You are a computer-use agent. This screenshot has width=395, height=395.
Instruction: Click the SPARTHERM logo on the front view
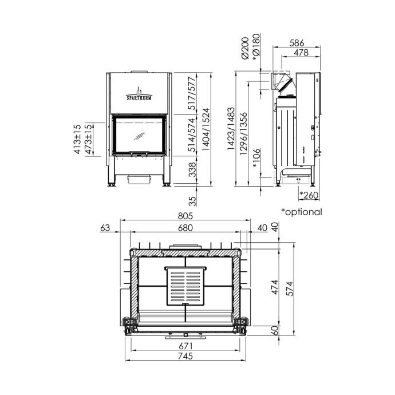tap(139, 94)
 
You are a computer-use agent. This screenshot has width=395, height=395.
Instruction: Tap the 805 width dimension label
tap(185, 216)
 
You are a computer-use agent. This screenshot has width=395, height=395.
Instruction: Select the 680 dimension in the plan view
tap(185, 228)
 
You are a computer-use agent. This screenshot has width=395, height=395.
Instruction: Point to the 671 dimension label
tap(185, 346)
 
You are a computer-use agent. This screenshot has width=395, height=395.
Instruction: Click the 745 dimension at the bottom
tap(185, 356)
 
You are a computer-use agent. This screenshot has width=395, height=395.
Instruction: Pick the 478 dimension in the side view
tap(301, 53)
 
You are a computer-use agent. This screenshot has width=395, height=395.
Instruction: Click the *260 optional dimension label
tap(309, 195)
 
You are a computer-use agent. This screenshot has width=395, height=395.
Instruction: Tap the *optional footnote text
tap(302, 212)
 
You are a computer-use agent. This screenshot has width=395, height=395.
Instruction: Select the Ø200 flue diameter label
tap(245, 48)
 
